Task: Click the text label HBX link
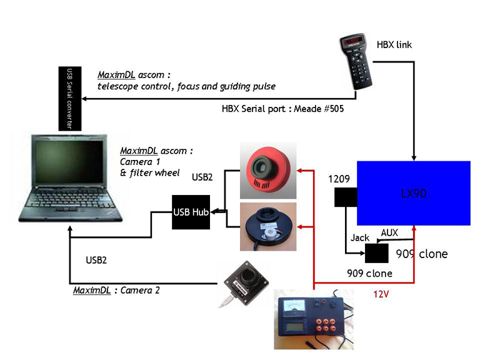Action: (394, 45)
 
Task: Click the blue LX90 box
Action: (413, 193)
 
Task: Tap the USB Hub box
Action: (191, 212)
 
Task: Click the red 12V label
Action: (381, 293)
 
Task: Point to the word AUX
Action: (389, 232)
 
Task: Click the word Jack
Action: (360, 238)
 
